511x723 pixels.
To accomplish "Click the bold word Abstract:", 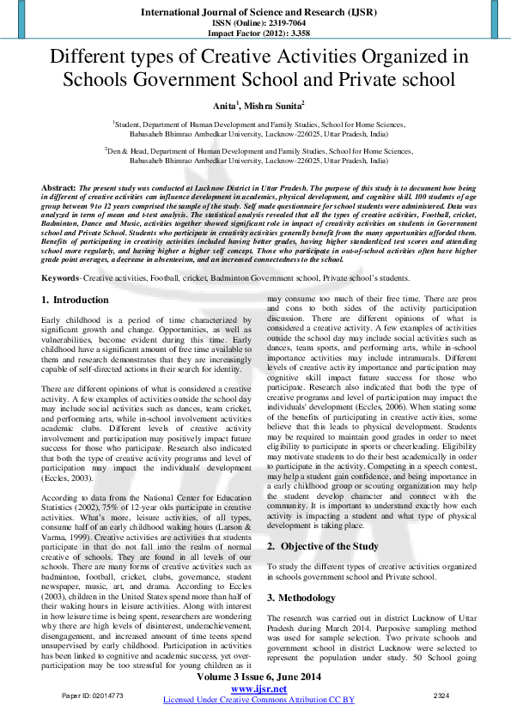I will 60,187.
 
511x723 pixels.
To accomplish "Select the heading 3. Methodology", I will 306,597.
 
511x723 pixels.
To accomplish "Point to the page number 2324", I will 441,695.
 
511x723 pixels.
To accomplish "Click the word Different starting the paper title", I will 92,58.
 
